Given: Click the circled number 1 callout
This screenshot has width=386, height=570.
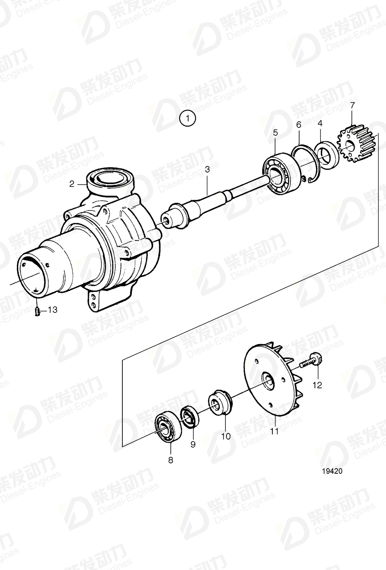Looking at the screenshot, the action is (188, 118).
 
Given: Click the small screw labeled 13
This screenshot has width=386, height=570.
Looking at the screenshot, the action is (38, 311).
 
